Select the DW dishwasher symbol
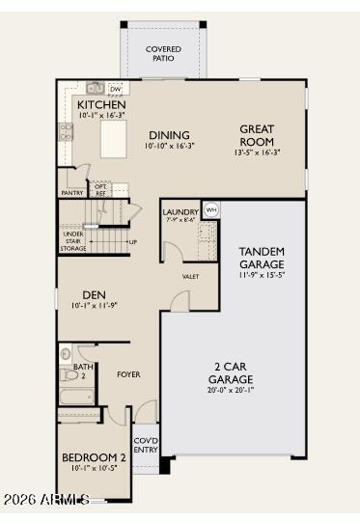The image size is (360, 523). [115, 89]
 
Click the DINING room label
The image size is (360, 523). [169, 135]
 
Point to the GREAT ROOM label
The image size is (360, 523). [257, 135]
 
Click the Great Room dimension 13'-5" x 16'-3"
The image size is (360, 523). [257, 152]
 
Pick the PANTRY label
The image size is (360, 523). [72, 193]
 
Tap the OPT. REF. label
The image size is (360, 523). [101, 190]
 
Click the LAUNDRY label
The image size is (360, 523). [180, 211]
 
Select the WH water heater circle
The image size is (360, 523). [211, 209]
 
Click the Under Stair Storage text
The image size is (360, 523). [73, 241]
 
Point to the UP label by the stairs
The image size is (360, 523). [132, 241]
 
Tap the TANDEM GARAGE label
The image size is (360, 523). [261, 258]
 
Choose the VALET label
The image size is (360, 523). [190, 277]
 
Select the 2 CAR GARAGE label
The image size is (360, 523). [234, 372]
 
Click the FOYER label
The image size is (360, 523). [128, 373]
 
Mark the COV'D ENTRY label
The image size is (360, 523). [145, 445]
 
